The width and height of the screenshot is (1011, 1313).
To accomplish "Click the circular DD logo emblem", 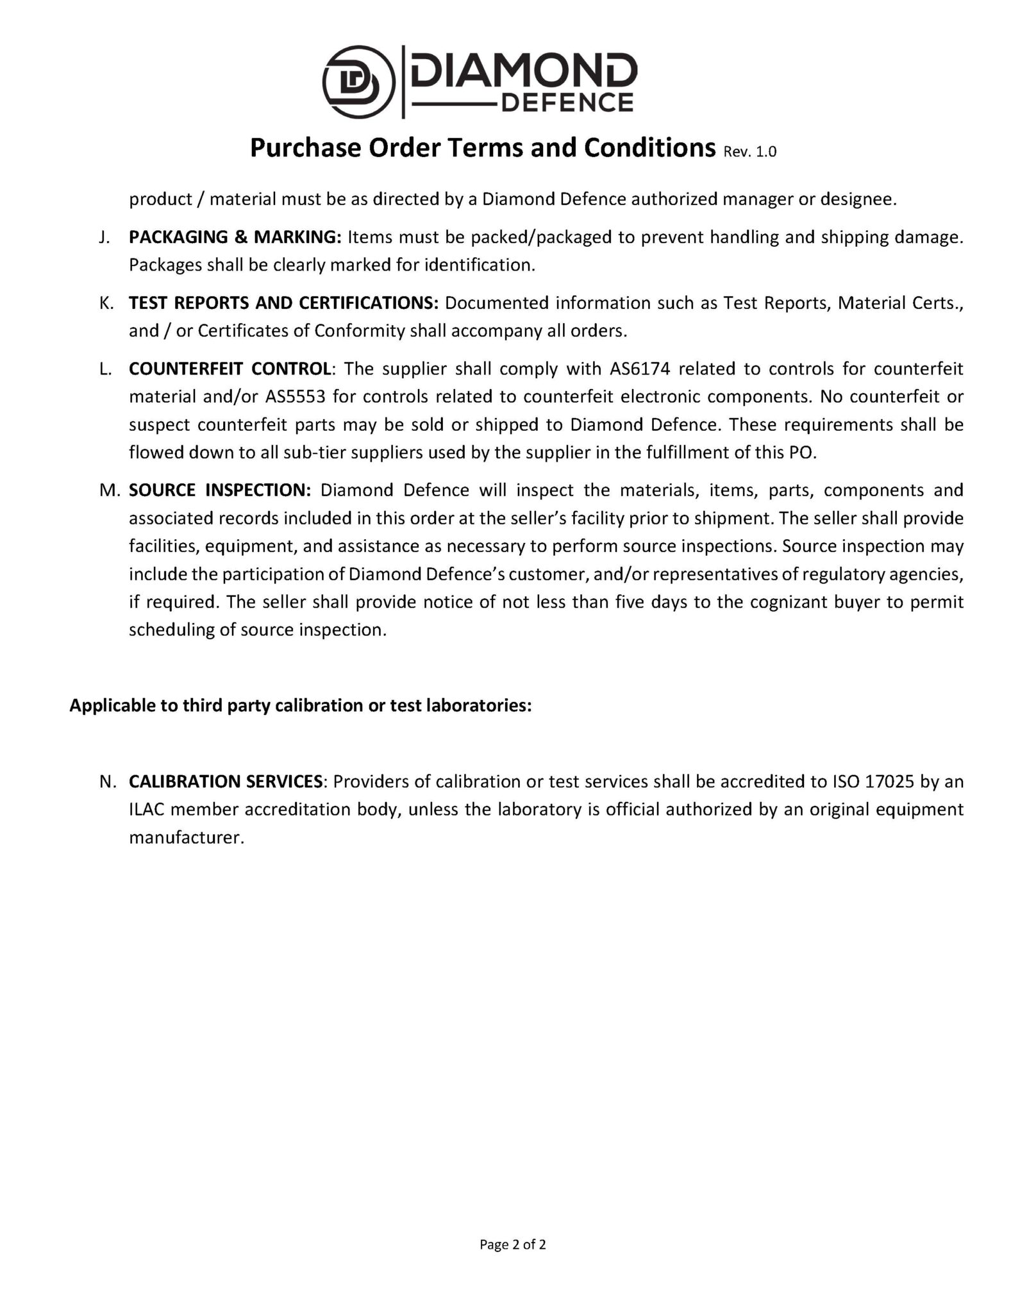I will [x=358, y=83].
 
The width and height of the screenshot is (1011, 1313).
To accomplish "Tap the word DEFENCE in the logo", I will [x=567, y=102].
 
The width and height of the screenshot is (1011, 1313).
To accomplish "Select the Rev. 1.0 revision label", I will [x=749, y=152].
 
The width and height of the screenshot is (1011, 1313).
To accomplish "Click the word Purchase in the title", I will [x=305, y=148].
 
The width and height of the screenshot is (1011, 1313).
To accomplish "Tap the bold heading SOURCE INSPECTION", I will [x=220, y=490].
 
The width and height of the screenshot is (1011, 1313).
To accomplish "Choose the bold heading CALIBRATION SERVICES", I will [x=226, y=782].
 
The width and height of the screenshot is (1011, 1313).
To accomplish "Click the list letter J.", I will [x=104, y=237].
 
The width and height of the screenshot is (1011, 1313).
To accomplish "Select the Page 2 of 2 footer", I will [x=513, y=1244].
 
